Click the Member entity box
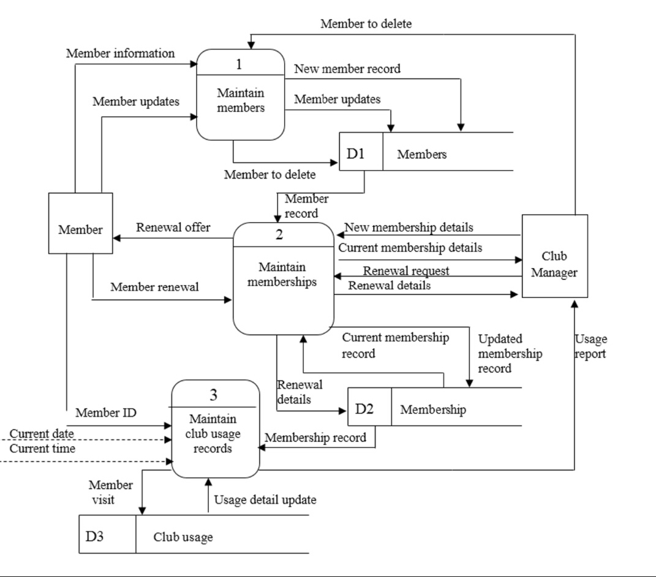pos(80,224)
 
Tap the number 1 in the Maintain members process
pos(239,63)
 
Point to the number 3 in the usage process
pos(213,395)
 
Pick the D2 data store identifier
pos(364,409)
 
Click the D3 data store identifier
pos(96,537)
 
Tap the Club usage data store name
pos(183,537)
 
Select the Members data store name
pos(421,154)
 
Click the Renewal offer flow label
pos(173,228)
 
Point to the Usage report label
pos(590,346)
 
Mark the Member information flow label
pos(120,53)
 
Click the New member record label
pos(347,69)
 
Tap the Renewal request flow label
pos(406,270)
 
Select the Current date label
pos(42,434)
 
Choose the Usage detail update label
pos(265,500)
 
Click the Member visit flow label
pos(110,493)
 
